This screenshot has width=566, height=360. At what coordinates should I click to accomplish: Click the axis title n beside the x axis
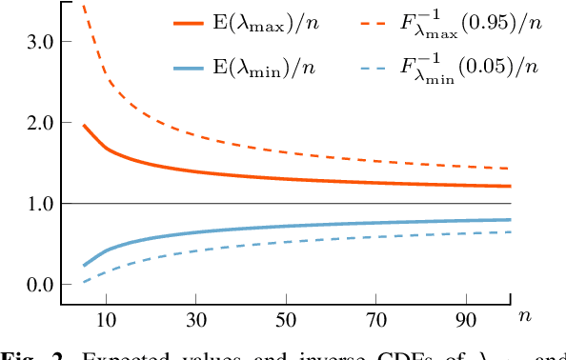click(x=524, y=314)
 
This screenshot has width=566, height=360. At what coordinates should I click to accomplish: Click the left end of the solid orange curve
click(x=84, y=125)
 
